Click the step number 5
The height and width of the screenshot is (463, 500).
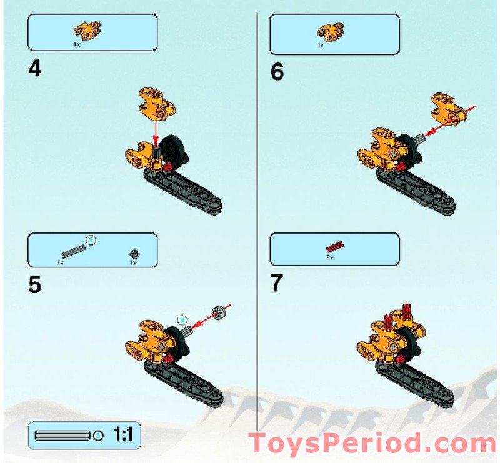pyautogui.click(x=35, y=284)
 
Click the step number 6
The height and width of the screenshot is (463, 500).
pyautogui.click(x=277, y=72)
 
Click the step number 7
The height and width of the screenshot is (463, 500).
pyautogui.click(x=277, y=283)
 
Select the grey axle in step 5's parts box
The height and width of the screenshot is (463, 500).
pyautogui.click(x=72, y=250)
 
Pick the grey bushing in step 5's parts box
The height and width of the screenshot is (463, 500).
pyautogui.click(x=133, y=253)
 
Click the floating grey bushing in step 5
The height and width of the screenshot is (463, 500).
pyautogui.click(x=219, y=311)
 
